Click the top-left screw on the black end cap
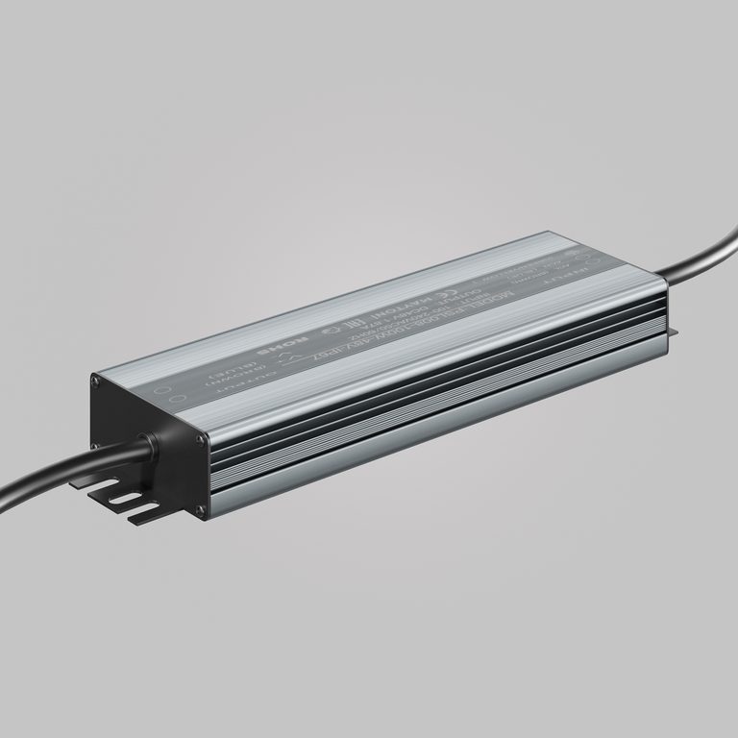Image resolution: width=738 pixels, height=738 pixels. tap(96, 382)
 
